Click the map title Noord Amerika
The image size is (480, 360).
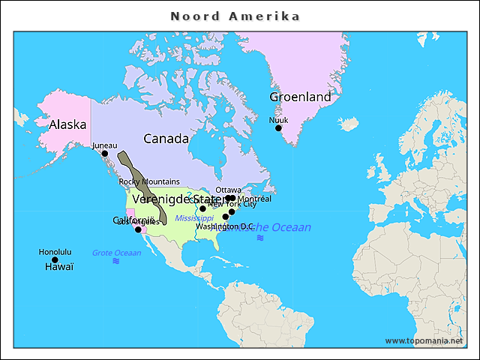click(x=235, y=16)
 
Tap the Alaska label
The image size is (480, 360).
click(x=67, y=124)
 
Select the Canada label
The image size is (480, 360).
click(x=166, y=139)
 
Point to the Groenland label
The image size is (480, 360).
click(x=300, y=97)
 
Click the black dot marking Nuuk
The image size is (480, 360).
click(x=278, y=128)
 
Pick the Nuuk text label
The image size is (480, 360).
click(x=278, y=119)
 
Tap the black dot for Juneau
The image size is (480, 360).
click(x=104, y=154)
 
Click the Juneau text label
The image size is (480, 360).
click(x=104, y=145)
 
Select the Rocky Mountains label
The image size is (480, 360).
click(x=149, y=181)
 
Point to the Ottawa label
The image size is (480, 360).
click(x=228, y=190)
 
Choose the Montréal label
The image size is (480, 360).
click(x=254, y=199)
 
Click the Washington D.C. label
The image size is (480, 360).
click(x=225, y=226)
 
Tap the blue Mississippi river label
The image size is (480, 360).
click(x=194, y=217)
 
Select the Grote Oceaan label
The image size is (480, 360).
click(x=116, y=253)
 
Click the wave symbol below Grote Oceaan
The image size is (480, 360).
click(x=115, y=262)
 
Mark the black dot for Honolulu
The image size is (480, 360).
click(x=55, y=260)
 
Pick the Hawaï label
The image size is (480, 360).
click(x=59, y=267)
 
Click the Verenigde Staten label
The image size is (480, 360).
click(x=176, y=199)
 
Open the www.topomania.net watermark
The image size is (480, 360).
click(x=424, y=340)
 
